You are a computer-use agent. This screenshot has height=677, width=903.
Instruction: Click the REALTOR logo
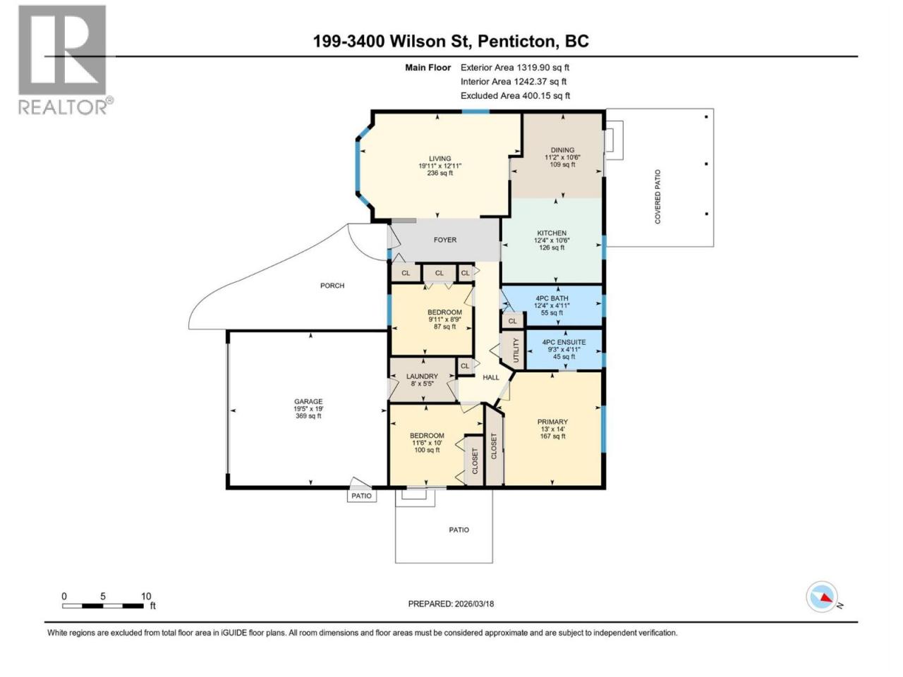coord(66,60)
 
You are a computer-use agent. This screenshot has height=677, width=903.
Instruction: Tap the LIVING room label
coord(440,159)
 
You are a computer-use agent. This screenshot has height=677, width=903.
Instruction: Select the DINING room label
coord(562,150)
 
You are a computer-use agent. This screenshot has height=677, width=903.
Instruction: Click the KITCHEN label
coord(551,233)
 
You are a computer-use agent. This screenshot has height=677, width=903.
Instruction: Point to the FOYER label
coord(444,240)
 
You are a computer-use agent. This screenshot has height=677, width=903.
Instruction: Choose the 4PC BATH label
coord(551,298)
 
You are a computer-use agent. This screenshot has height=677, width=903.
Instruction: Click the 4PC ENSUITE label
coord(564,342)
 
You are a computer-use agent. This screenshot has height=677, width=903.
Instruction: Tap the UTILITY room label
coord(516,350)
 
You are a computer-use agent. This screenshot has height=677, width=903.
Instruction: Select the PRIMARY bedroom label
coord(552,422)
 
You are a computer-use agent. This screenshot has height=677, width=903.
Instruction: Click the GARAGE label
coord(308,401)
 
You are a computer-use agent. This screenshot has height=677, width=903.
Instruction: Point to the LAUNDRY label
coord(422,377)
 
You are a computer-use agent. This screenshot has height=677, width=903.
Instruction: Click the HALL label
coord(491,377)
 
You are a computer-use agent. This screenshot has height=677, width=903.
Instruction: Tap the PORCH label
coord(332,286)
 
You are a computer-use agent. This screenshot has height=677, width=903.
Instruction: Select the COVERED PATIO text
coord(657,197)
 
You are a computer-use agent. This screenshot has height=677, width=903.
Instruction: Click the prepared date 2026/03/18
coord(474,604)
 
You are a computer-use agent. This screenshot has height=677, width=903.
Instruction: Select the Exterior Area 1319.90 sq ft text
coord(515,68)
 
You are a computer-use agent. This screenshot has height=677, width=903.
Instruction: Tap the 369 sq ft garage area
coord(308,416)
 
